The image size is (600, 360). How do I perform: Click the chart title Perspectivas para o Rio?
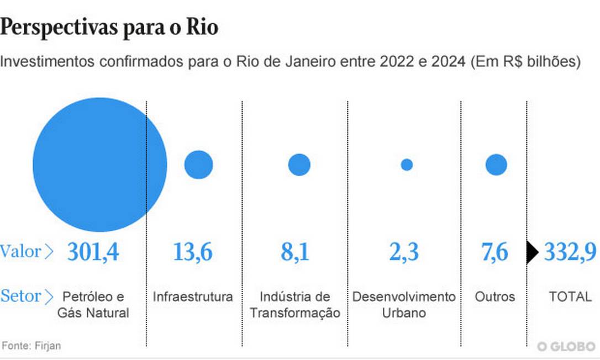click(x=109, y=28)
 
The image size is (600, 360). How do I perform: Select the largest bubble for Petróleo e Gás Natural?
click(x=99, y=165)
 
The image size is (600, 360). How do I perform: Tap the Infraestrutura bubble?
click(x=198, y=165)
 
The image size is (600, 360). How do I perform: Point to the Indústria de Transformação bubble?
click(x=299, y=165)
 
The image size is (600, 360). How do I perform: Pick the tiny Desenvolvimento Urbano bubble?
click(x=407, y=165)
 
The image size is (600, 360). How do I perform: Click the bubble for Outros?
click(x=496, y=165)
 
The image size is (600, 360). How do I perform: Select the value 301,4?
click(x=93, y=252)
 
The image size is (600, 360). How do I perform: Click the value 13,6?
click(x=192, y=252)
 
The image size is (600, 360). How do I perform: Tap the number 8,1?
click(x=294, y=252)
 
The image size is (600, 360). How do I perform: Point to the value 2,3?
click(x=403, y=252)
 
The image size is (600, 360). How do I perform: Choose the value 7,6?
click(x=494, y=252)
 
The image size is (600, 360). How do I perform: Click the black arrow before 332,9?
click(x=532, y=252)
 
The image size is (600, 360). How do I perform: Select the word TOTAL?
click(x=570, y=297)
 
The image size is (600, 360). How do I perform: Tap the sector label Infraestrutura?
click(x=193, y=297)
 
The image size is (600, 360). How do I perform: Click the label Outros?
click(x=494, y=297)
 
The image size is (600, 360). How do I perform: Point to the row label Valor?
click(x=21, y=252)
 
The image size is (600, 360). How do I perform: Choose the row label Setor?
click(x=22, y=296)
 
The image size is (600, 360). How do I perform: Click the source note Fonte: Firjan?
click(x=31, y=346)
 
